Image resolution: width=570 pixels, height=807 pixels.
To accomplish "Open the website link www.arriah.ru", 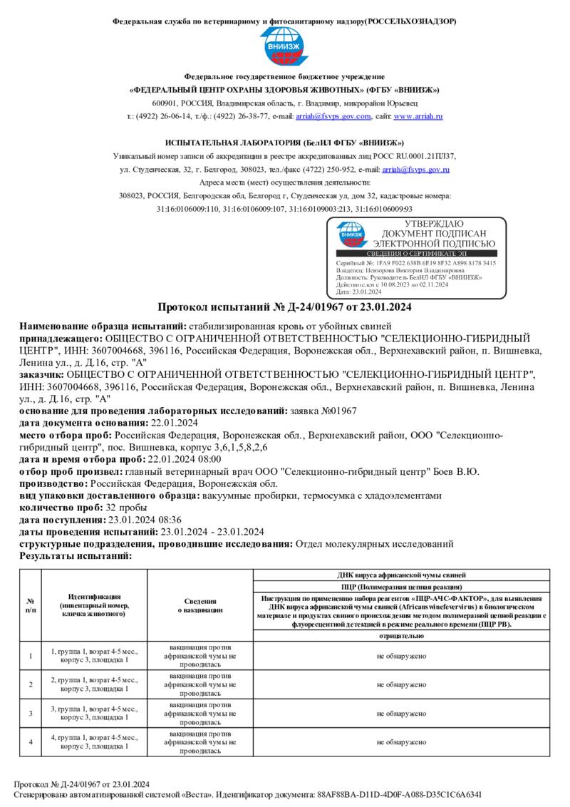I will pos(418,116).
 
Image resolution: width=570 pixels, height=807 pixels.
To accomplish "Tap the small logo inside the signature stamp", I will pos(351,233).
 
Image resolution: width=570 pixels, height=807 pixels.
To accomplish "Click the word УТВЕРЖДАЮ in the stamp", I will pos(434,225).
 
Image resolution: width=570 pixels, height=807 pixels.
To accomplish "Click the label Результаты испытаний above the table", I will pos(76,555).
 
